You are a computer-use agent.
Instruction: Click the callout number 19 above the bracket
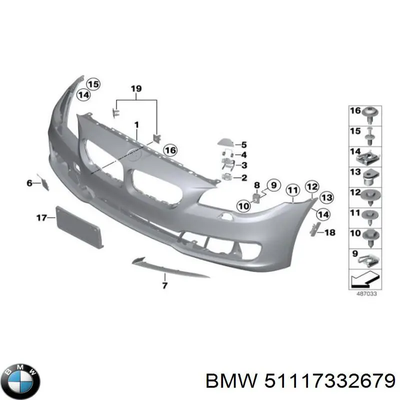tap(136, 89)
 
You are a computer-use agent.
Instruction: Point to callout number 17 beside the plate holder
tap(41, 217)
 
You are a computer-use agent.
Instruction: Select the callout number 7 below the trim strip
tap(164, 285)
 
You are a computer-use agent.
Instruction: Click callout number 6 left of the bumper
tap(29, 183)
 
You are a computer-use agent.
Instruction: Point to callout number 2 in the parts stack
tap(244, 177)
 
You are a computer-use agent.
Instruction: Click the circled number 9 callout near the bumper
tap(272, 185)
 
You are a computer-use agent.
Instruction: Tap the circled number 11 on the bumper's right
tap(292, 189)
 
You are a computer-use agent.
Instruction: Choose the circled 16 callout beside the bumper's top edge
tap(170, 150)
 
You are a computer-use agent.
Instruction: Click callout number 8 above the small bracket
tap(256, 186)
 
